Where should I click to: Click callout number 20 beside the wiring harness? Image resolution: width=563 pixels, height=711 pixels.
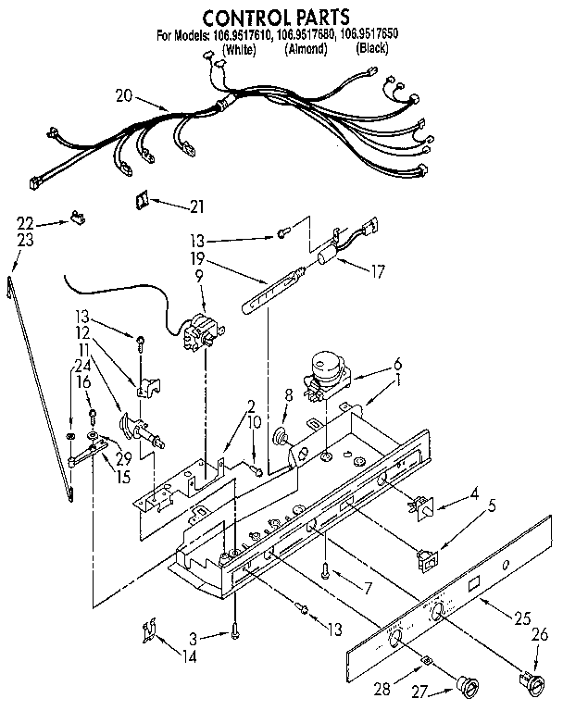125,94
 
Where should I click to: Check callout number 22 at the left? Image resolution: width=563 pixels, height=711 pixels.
24,222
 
